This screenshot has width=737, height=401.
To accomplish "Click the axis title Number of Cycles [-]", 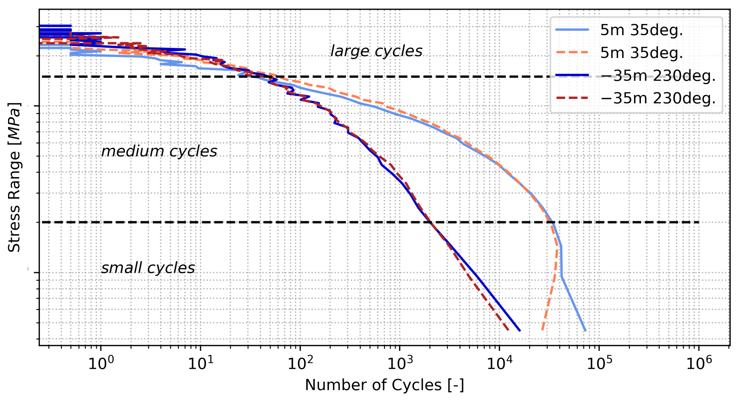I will pyautogui.click(x=384, y=385).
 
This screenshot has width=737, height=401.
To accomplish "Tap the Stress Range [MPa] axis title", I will pyautogui.click(x=14, y=177).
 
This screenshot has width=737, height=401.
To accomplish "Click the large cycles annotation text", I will pyautogui.click(x=376, y=51).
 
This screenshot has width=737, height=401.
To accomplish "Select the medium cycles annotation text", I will pyautogui.click(x=159, y=151).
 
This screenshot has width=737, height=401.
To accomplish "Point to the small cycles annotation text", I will pyautogui.click(x=148, y=268).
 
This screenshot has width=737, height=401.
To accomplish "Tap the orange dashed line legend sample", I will pyautogui.click(x=572, y=53).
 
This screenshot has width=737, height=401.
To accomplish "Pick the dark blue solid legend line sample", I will pyautogui.click(x=572, y=75).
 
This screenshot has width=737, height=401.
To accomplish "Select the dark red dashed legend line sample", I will pyautogui.click(x=572, y=98).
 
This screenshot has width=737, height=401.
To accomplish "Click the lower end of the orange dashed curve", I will pyautogui.click(x=542, y=330).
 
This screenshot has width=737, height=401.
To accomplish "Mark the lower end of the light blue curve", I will pyautogui.click(x=585, y=331).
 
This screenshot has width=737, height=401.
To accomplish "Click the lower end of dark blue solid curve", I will pyautogui.click(x=520, y=331).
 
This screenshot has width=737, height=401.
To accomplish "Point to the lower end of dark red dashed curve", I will pyautogui.click(x=508, y=330).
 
